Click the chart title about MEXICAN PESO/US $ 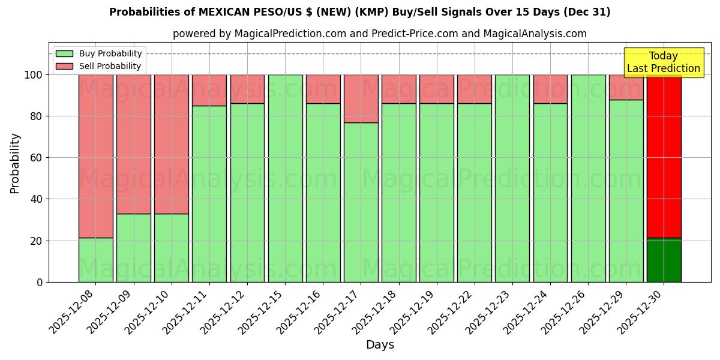pos(359,12)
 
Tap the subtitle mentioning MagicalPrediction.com pos(379,34)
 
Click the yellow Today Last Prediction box pos(663,62)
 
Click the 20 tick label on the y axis pos(37,241)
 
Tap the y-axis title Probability pos(15,163)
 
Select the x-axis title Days pos(380,345)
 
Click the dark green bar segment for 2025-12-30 pos(664,260)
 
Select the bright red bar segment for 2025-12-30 pos(664,156)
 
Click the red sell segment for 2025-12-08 pos(96,156)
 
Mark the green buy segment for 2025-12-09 pos(134,247)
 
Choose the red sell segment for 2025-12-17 pos(361,98)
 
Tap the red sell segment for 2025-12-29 pos(626,87)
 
